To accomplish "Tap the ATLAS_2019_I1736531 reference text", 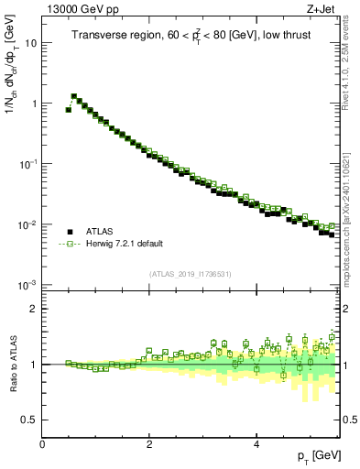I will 191,274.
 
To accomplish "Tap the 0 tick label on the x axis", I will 42,443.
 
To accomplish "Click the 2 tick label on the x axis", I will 148,443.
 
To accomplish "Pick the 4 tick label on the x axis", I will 256,443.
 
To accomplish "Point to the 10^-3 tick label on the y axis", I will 28,286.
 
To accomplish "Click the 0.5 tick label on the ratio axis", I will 29,420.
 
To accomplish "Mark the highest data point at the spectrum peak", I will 74,95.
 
